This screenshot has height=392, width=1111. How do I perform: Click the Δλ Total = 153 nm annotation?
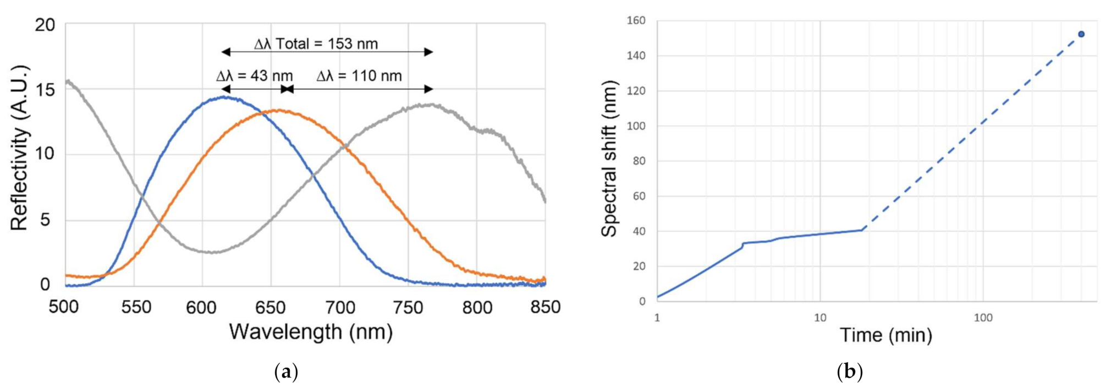pos(316,44)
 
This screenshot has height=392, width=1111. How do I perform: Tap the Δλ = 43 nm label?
pos(254,76)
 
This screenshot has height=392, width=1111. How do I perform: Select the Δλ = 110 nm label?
pos(359,76)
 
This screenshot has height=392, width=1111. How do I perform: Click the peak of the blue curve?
pos(224,97)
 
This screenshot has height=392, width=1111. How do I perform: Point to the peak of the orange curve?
pos(279,111)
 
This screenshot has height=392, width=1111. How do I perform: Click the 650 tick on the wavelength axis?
pos(271,307)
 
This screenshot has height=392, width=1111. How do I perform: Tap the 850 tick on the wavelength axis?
pos(545,307)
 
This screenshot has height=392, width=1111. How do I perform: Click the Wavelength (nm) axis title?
pos(311,332)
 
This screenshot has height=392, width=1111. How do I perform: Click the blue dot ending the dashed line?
pos(1081,34)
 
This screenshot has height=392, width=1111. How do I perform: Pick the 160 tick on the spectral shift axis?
pos(636,21)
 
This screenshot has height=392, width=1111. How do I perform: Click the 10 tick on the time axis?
pos(820,318)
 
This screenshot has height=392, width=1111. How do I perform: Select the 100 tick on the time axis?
pos(983,318)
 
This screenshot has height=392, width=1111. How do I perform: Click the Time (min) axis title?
pos(886,335)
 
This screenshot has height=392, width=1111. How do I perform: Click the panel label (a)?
pos(286,372)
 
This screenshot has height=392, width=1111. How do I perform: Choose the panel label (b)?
pos(849,372)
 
